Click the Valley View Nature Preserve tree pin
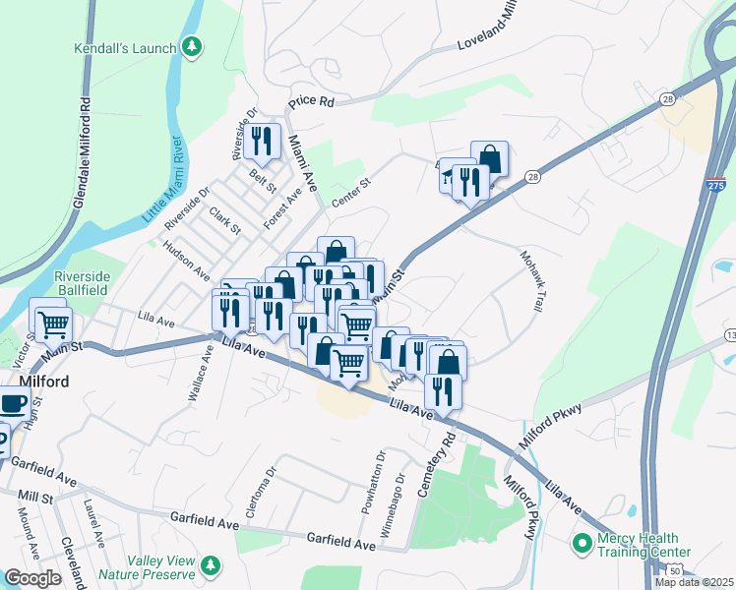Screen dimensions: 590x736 [209, 565]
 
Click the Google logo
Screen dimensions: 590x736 [32, 578]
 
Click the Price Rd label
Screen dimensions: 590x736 [311, 101]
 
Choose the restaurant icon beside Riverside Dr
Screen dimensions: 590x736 [262, 141]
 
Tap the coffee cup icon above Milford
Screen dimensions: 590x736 [12, 403]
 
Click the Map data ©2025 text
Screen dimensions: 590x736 [694, 582]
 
